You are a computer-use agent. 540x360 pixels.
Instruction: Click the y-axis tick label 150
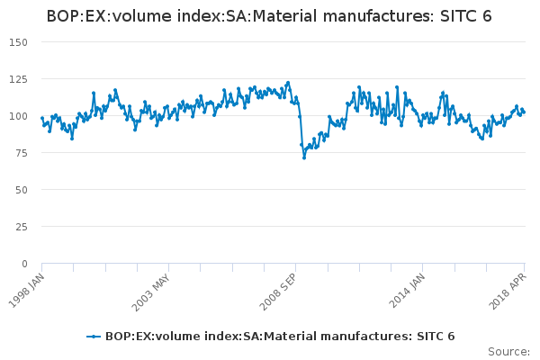click(19, 42)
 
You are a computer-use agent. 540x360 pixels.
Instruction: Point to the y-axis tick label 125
click(19, 79)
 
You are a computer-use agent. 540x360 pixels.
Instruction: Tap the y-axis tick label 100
click(19, 116)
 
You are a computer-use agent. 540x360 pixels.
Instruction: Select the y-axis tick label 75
click(22, 153)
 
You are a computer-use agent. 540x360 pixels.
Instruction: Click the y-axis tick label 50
click(22, 190)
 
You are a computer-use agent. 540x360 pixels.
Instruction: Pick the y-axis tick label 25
click(22, 227)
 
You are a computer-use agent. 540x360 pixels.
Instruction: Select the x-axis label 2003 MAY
click(150, 290)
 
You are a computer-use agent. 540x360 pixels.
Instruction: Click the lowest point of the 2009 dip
click(304, 157)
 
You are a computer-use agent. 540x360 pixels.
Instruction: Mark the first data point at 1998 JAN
click(41, 117)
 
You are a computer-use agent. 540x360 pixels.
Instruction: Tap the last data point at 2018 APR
click(524, 112)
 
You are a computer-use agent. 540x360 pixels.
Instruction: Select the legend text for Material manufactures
click(279, 337)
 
